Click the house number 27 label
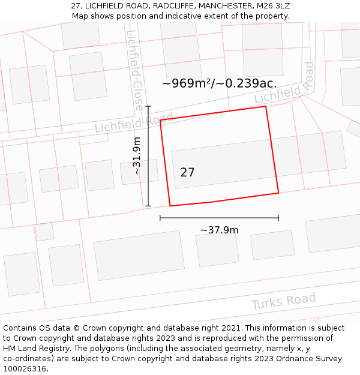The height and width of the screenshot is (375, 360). pos(187,173)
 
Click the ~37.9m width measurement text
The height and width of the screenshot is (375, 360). pos(219,230)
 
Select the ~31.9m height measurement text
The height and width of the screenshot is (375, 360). pos(137,157)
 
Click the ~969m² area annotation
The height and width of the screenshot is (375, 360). pos(188,83)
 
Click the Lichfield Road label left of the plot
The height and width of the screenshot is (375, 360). pos(134,122)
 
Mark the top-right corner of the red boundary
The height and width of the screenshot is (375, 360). pos(266,107)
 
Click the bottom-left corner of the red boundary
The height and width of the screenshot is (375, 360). pos(170,206)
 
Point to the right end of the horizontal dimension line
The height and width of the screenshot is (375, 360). pos(278,218)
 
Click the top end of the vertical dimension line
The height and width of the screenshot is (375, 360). pos(148,107)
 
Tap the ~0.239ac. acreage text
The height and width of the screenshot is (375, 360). pos(246,83)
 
